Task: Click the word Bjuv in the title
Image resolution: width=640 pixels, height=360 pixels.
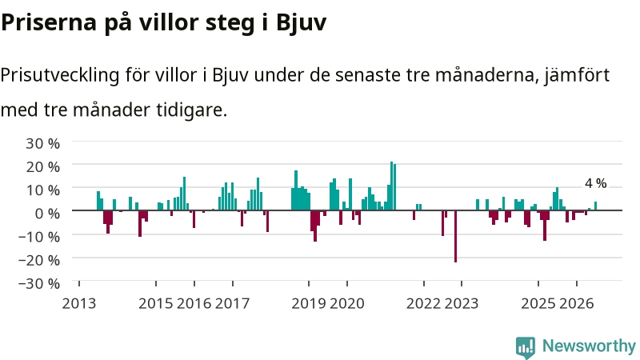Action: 302,22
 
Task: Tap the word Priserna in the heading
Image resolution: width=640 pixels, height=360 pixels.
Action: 49,22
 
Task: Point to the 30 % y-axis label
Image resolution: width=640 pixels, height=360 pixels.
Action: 42,143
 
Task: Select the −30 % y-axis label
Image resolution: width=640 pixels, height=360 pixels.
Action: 38,283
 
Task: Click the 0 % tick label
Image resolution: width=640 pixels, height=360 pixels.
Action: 47,213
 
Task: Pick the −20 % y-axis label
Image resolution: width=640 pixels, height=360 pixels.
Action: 38,259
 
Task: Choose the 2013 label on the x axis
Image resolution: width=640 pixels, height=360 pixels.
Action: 78,303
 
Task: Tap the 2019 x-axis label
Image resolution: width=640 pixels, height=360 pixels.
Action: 309,303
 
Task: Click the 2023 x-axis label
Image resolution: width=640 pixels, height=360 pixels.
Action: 462,303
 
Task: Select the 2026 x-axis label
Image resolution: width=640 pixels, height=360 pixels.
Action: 576,303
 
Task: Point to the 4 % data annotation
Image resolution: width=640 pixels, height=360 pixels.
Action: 595,183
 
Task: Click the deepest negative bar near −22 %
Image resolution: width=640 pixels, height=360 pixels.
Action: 455,236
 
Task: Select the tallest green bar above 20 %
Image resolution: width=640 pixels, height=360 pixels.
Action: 391,186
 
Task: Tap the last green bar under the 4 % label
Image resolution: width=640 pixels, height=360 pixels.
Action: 595,206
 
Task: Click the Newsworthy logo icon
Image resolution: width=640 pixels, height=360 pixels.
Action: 526,347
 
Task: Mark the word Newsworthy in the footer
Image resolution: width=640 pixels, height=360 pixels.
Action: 589,346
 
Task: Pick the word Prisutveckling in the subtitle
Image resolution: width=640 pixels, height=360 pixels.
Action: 59,75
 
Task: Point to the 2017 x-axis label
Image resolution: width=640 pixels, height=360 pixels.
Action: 232,303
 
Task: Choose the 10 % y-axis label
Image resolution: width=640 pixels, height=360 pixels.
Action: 42,190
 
